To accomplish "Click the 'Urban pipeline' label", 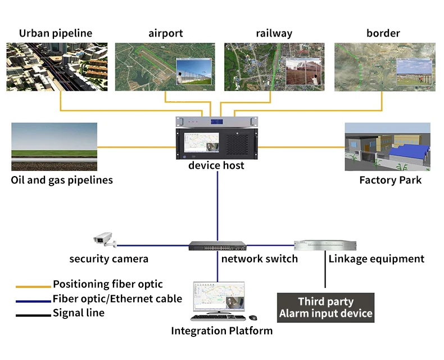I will pos(56,33).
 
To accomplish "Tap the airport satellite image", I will pos(165,67).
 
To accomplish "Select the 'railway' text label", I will pos(274,33).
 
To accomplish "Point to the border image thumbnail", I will pos(384,67).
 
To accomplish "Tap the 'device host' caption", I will pos(216,166).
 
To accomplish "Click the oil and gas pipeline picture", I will pos(54,147).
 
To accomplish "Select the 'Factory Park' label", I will pos(390,181).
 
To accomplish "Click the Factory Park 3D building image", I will pos(387,147).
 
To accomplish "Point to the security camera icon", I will pos(104,240).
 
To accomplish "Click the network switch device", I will pos(218,246).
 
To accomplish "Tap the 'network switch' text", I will pos(259,259).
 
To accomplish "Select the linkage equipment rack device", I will pos(325,245).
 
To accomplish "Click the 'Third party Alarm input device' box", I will pos(325,307).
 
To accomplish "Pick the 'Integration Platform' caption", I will pos(221,331).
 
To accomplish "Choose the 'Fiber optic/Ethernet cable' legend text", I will pos(117,299).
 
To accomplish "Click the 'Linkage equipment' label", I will pos(376,259).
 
